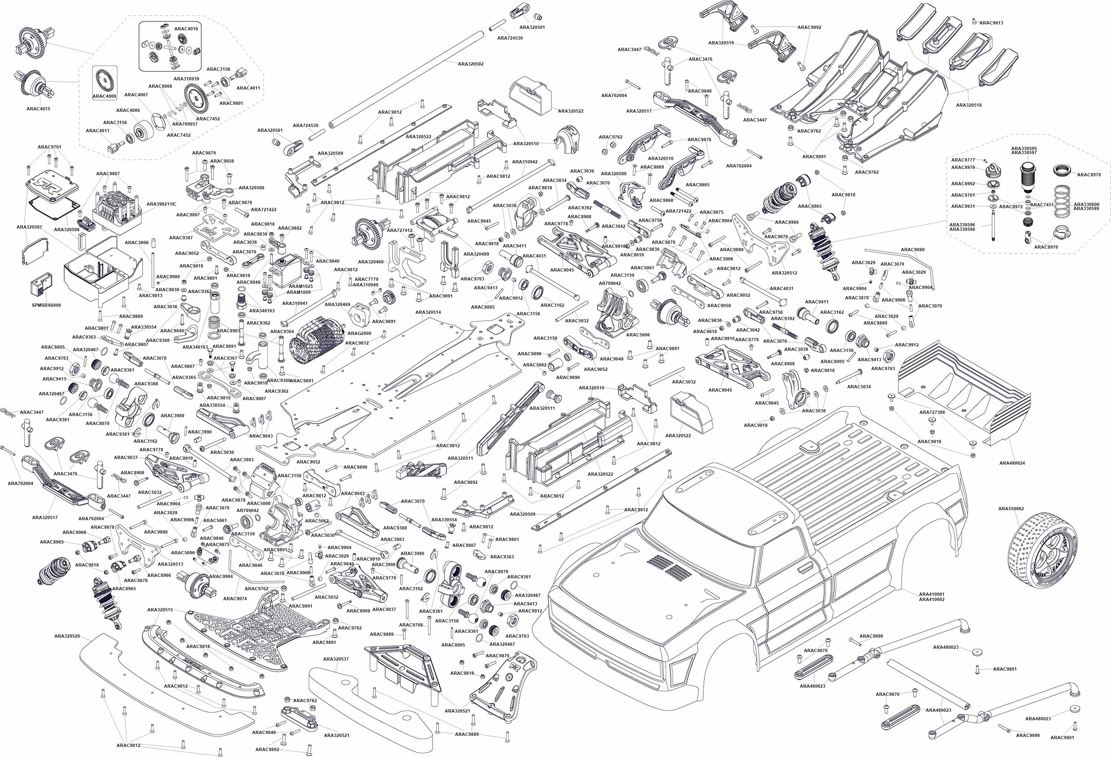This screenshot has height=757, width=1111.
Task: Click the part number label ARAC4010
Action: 186,29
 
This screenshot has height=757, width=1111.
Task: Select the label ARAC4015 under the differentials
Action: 38,109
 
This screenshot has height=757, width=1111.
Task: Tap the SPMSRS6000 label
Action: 46,305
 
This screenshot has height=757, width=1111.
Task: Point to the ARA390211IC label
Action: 161,204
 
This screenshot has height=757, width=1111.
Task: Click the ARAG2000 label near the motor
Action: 359,333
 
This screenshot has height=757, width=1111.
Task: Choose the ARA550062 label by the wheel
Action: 1011,508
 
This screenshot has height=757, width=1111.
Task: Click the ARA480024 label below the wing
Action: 1012,463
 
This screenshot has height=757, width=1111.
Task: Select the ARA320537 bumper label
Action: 336,659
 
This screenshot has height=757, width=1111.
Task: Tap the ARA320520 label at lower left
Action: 67,636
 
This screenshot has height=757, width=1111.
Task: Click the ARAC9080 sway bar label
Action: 913,250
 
